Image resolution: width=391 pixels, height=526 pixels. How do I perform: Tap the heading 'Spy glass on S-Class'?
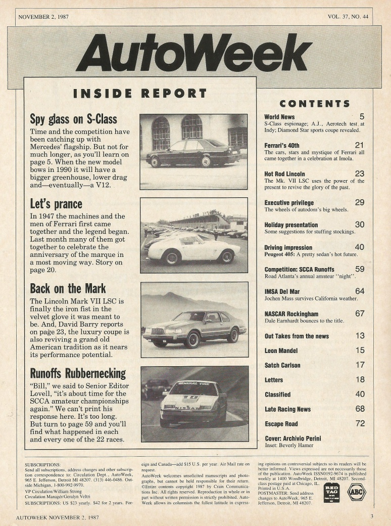tap(73, 119)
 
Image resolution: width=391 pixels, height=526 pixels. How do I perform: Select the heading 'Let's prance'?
tap(56, 204)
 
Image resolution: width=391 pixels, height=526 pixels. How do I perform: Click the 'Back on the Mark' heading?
tap(68, 288)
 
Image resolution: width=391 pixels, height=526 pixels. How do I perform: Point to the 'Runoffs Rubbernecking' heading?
tap(78, 373)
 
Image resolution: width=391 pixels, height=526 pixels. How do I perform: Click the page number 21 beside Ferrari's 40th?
tap(359, 145)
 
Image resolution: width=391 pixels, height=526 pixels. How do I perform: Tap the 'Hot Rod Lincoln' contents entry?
tap(284, 174)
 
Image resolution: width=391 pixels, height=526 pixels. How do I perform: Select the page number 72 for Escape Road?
tap(360, 423)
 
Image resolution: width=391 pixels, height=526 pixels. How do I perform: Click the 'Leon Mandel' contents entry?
tap(281, 350)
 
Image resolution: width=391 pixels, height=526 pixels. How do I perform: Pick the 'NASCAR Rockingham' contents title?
tap(291, 314)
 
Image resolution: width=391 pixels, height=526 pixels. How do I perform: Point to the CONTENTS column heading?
tap(314, 104)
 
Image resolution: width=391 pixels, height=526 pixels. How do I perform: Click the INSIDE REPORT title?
tap(140, 94)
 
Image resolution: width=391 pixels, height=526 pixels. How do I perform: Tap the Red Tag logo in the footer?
tap(331, 492)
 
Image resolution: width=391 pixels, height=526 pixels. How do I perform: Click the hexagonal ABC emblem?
tap(357, 492)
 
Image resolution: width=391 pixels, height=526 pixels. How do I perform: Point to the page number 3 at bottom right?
tap(371, 516)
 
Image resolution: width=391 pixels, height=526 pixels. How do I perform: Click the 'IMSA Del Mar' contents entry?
tap(281, 291)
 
